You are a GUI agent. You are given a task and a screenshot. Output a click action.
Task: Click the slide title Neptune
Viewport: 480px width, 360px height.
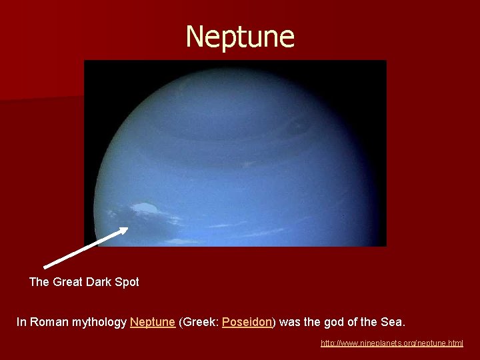pyautogui.click(x=240, y=37)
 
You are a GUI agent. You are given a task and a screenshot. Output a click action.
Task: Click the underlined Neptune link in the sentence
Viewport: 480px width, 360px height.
pyautogui.click(x=153, y=322)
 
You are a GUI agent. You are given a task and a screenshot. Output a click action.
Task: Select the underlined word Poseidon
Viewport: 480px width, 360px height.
pyautogui.click(x=247, y=322)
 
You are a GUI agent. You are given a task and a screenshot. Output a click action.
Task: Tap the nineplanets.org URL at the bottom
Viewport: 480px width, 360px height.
pyautogui.click(x=391, y=343)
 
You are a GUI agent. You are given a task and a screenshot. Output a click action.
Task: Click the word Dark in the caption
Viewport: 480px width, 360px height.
pyautogui.click(x=100, y=282)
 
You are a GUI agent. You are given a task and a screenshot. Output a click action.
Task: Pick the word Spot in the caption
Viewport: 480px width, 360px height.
pyautogui.click(x=127, y=282)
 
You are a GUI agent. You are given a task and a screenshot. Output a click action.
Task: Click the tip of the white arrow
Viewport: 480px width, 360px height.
pyautogui.click(x=127, y=229)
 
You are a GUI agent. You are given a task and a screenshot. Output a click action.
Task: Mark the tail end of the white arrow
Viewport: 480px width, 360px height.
pyautogui.click(x=45, y=267)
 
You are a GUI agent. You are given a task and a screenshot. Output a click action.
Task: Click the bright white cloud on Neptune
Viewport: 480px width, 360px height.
pyautogui.click(x=147, y=209)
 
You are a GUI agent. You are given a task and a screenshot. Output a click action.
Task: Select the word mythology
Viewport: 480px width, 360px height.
pyautogui.click(x=99, y=323)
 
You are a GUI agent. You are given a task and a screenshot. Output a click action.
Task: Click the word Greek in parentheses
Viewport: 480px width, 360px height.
pyautogui.click(x=199, y=322)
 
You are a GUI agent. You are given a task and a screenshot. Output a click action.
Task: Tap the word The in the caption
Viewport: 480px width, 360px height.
pyautogui.click(x=39, y=282)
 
